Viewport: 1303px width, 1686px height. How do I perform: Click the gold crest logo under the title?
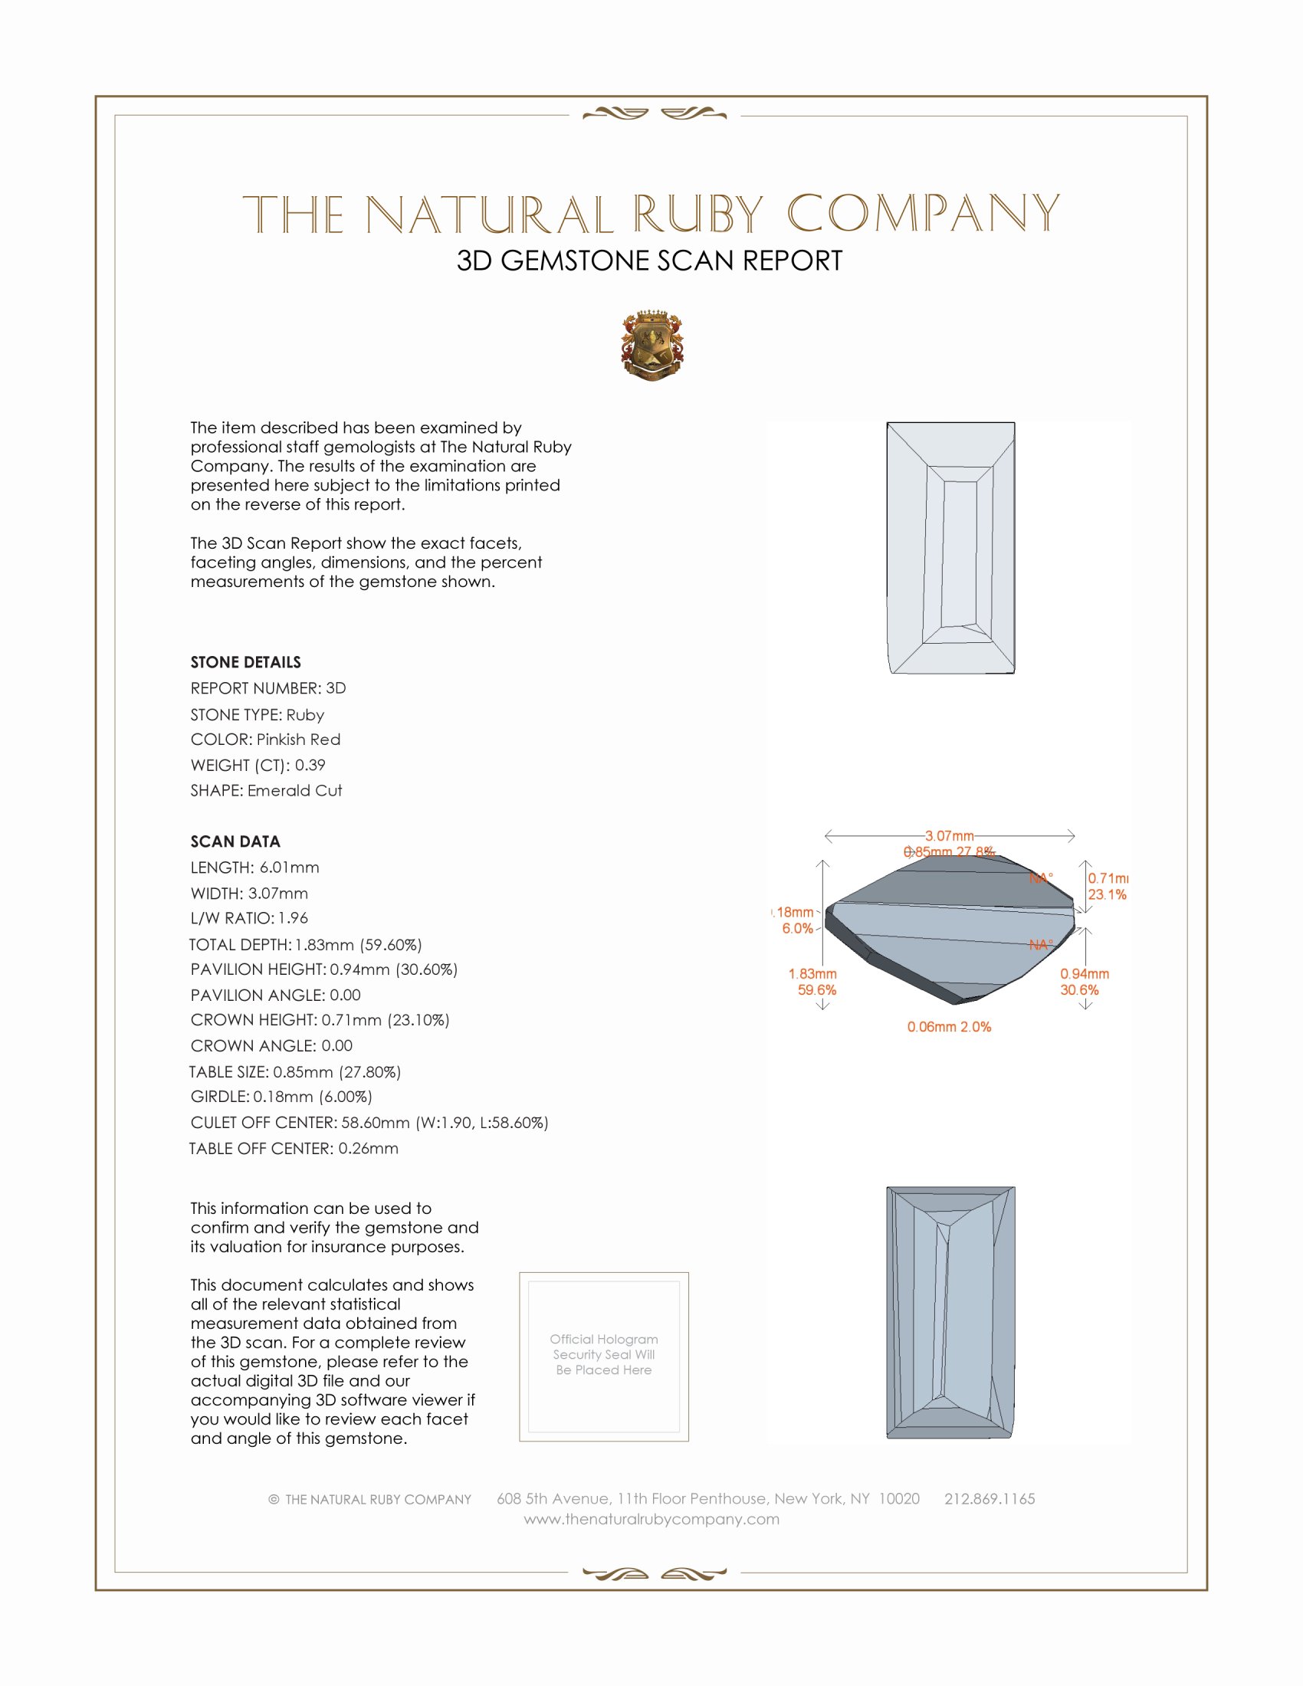(652, 345)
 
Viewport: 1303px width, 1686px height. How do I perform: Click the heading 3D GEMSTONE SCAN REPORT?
(649, 261)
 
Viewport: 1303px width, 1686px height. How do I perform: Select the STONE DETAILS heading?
(245, 662)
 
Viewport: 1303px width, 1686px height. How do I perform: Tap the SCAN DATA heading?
(235, 841)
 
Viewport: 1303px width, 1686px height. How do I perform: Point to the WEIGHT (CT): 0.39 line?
(258, 765)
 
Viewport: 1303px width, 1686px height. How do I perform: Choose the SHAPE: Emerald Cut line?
(266, 791)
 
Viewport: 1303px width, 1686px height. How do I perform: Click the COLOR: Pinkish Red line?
(265, 740)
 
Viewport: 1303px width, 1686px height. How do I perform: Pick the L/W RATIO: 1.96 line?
(249, 918)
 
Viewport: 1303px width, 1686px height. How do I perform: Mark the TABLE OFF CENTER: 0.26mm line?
(294, 1148)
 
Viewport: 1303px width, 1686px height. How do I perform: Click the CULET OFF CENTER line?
(369, 1123)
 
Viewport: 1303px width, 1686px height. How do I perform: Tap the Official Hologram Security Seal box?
(604, 1356)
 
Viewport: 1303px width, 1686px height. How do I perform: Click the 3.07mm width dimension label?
(950, 836)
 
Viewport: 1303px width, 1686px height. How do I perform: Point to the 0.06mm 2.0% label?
(949, 1027)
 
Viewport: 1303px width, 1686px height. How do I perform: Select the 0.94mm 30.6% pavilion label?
(1084, 982)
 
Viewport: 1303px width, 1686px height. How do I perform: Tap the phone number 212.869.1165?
(990, 1498)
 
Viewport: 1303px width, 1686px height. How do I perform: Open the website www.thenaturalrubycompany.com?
(651, 1519)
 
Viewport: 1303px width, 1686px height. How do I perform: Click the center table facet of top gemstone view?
(959, 553)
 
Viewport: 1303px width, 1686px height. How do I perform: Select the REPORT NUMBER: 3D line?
(267, 688)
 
